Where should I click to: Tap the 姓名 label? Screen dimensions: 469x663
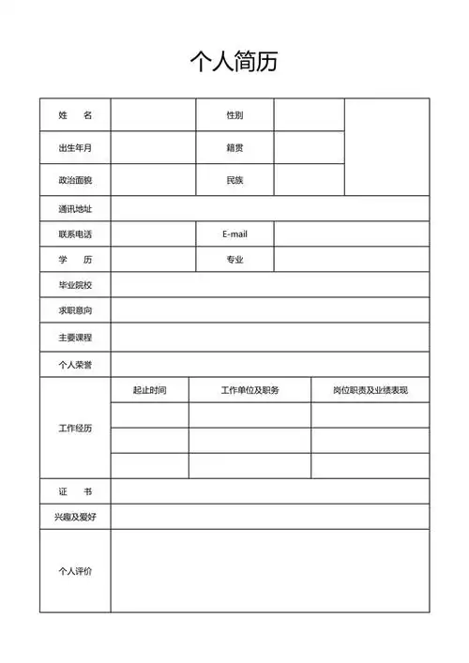(x=75, y=115)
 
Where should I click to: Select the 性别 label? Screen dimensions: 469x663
(x=234, y=115)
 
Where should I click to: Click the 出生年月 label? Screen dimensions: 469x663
(x=75, y=148)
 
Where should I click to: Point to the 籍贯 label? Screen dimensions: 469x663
(x=234, y=148)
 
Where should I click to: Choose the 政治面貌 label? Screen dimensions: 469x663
(x=75, y=180)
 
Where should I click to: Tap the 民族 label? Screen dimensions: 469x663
(x=234, y=180)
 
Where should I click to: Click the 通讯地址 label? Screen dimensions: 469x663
(x=75, y=209)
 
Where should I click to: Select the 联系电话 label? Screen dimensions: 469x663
(x=75, y=234)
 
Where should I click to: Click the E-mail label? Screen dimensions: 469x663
(x=234, y=234)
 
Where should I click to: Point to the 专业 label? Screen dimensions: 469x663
(x=234, y=259)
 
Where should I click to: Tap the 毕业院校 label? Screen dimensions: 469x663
(x=75, y=285)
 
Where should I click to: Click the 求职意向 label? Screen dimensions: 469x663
(x=75, y=310)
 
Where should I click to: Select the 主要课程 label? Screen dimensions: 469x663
(x=75, y=337)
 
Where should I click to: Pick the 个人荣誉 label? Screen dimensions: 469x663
(x=75, y=363)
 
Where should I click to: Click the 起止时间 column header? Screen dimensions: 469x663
(x=149, y=390)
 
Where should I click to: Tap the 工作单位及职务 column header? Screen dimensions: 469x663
(x=250, y=390)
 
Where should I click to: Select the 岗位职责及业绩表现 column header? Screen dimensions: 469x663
(x=370, y=390)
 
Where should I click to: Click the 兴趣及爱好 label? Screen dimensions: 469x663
(x=75, y=517)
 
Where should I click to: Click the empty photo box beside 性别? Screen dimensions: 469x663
(x=386, y=146)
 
